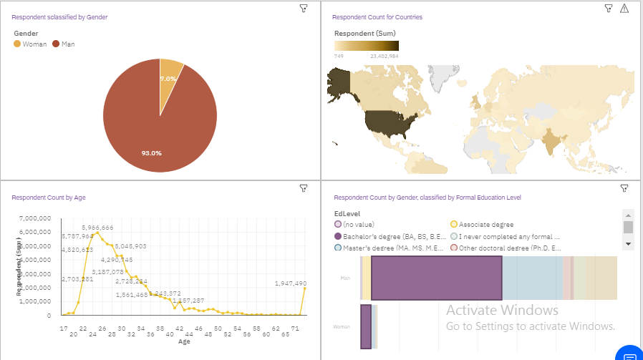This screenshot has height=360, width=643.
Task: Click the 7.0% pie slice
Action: pos(170,72)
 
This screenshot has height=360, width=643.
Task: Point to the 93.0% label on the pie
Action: pos(151,152)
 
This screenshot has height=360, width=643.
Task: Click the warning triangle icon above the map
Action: pos(624,9)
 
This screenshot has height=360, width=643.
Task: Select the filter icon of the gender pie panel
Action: pos(303,8)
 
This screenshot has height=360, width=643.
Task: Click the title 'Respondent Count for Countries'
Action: pos(378,16)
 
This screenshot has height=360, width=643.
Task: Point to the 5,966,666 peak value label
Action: pos(97,228)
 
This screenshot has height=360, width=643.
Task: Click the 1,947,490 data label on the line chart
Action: pos(291,283)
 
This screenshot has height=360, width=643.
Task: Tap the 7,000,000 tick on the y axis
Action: pos(36,218)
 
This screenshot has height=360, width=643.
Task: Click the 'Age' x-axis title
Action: pos(184,341)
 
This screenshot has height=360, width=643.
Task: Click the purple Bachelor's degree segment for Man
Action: pos(436,278)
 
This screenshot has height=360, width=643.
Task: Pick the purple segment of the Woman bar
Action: pos(365,326)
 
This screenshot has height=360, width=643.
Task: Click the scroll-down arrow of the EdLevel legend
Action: pos(628,243)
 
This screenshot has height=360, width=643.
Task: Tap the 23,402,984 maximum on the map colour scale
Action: pos(384,55)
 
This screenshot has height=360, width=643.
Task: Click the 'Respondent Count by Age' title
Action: pos(48,197)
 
